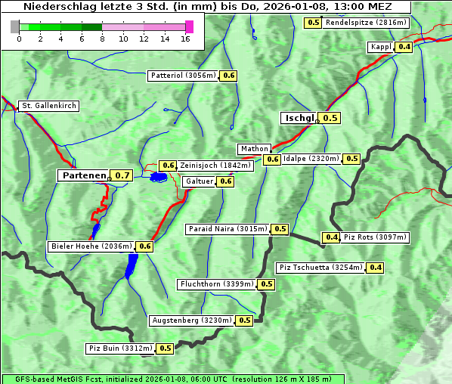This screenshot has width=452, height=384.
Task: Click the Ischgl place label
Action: click(299, 118)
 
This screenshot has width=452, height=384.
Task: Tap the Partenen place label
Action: click(84, 175)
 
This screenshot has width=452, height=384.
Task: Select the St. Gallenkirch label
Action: click(48, 106)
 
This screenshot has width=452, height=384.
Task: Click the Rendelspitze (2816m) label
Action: click(366, 23)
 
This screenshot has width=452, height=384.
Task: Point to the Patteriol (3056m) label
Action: click(183, 76)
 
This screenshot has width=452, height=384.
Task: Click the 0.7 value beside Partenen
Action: click(122, 175)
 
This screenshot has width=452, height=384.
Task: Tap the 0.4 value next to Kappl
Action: click(404, 47)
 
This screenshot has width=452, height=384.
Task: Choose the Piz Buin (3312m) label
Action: click(120, 348)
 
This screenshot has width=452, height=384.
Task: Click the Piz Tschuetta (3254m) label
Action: click(320, 268)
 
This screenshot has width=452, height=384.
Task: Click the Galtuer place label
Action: click(198, 181)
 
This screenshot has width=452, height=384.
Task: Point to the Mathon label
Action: click(253, 149)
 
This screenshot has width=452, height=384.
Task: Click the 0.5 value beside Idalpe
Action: click(351, 159)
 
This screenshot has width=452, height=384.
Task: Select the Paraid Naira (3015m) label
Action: click(227, 229)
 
